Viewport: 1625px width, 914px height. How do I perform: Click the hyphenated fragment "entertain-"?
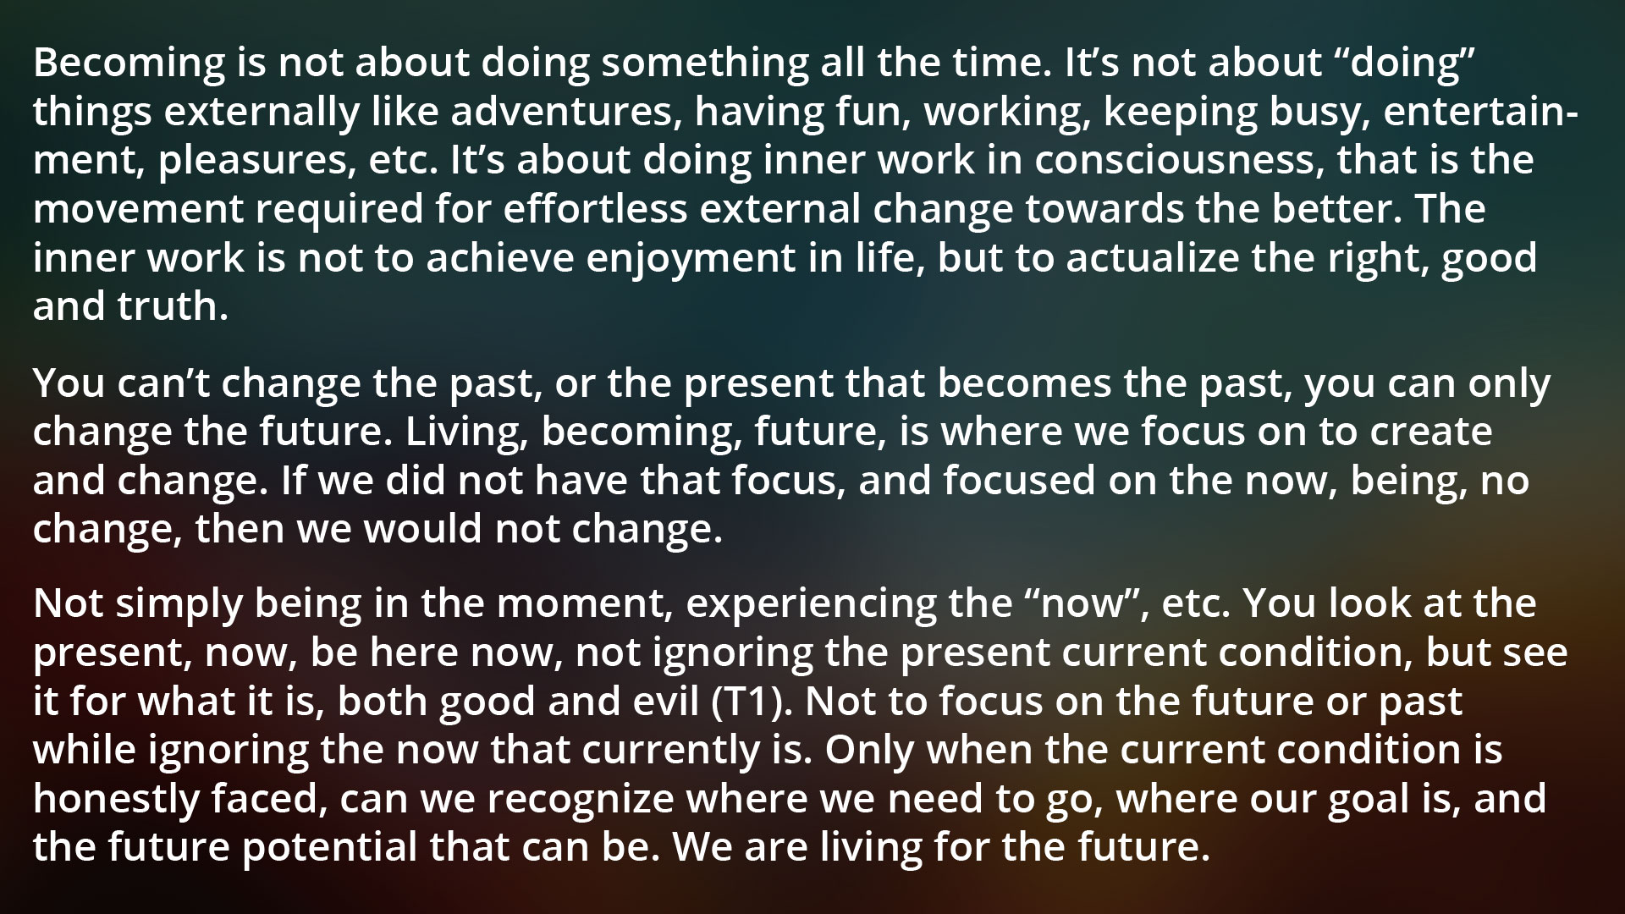click(x=1479, y=111)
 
